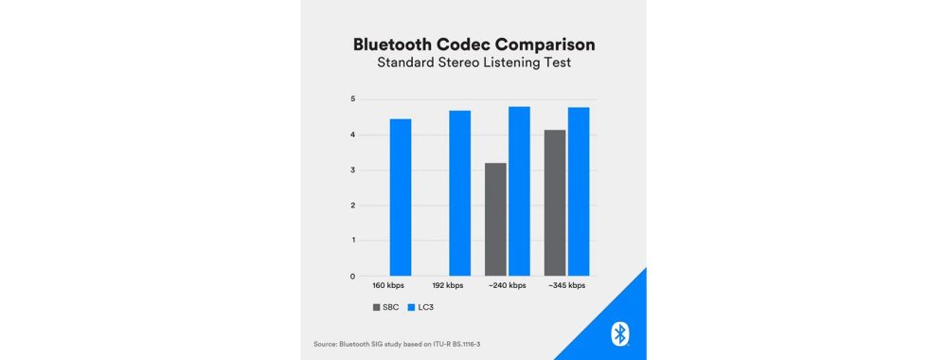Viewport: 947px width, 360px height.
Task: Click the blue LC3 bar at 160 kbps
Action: (x=401, y=197)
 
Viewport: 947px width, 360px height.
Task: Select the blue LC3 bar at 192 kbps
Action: (x=459, y=193)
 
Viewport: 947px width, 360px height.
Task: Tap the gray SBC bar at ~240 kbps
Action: (x=495, y=219)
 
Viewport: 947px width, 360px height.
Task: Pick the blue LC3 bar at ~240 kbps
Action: (x=519, y=191)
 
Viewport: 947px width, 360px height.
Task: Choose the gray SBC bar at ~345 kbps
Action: (x=554, y=203)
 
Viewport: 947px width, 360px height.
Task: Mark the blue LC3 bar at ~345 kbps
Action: (x=578, y=191)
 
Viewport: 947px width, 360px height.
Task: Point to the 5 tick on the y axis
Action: (x=336, y=99)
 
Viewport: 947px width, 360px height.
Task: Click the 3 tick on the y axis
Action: (x=336, y=171)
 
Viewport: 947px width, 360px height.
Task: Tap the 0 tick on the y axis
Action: (x=336, y=277)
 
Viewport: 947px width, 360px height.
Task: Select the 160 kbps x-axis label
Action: (x=389, y=286)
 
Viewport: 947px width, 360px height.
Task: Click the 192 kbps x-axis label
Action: (x=449, y=286)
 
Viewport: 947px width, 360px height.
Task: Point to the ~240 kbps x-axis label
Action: (x=508, y=286)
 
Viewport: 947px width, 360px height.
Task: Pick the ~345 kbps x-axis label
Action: (x=566, y=286)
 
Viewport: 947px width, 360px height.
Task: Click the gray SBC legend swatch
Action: (x=376, y=308)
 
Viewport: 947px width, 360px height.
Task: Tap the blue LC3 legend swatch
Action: (x=411, y=308)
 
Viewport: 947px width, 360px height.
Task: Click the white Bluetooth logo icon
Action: (x=619, y=333)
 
